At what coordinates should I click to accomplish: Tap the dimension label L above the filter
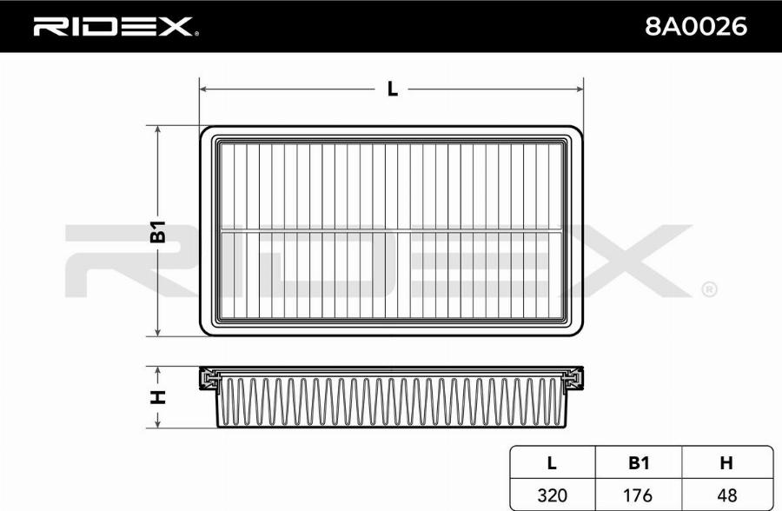tap(392, 89)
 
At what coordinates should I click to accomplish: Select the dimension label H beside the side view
tap(158, 397)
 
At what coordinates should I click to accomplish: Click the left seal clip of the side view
tap(209, 379)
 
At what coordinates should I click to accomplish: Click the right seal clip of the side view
tap(573, 379)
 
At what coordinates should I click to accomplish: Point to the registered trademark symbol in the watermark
tap(708, 289)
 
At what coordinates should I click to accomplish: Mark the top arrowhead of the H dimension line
tap(158, 371)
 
